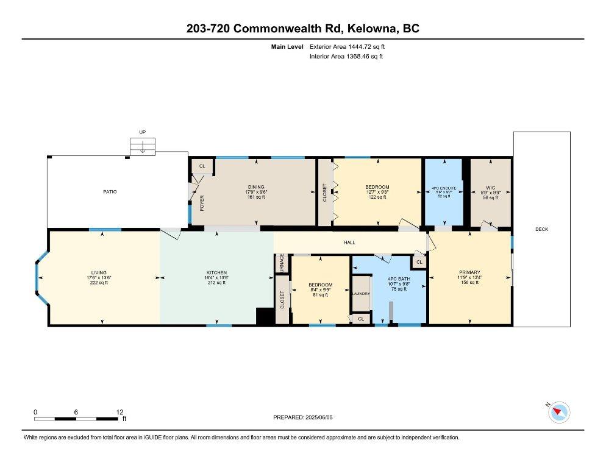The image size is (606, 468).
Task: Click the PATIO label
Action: point(110,192)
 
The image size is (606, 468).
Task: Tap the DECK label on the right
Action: point(541,229)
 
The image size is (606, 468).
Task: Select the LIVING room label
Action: point(99,272)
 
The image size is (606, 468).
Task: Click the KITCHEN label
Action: point(216,272)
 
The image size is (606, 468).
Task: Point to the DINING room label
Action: point(255,187)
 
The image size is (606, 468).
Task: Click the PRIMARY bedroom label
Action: point(469,272)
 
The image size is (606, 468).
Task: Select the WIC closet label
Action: point(490,188)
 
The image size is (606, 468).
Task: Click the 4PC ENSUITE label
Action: point(444,188)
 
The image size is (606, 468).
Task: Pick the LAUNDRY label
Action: point(361,294)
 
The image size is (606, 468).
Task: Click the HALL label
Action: point(349,243)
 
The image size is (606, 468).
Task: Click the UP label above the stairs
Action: point(142,132)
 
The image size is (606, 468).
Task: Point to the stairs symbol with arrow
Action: point(141,147)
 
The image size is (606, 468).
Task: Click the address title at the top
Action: point(302,29)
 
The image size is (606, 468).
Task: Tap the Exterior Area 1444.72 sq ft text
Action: point(348,46)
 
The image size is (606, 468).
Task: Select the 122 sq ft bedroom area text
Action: point(377,197)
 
